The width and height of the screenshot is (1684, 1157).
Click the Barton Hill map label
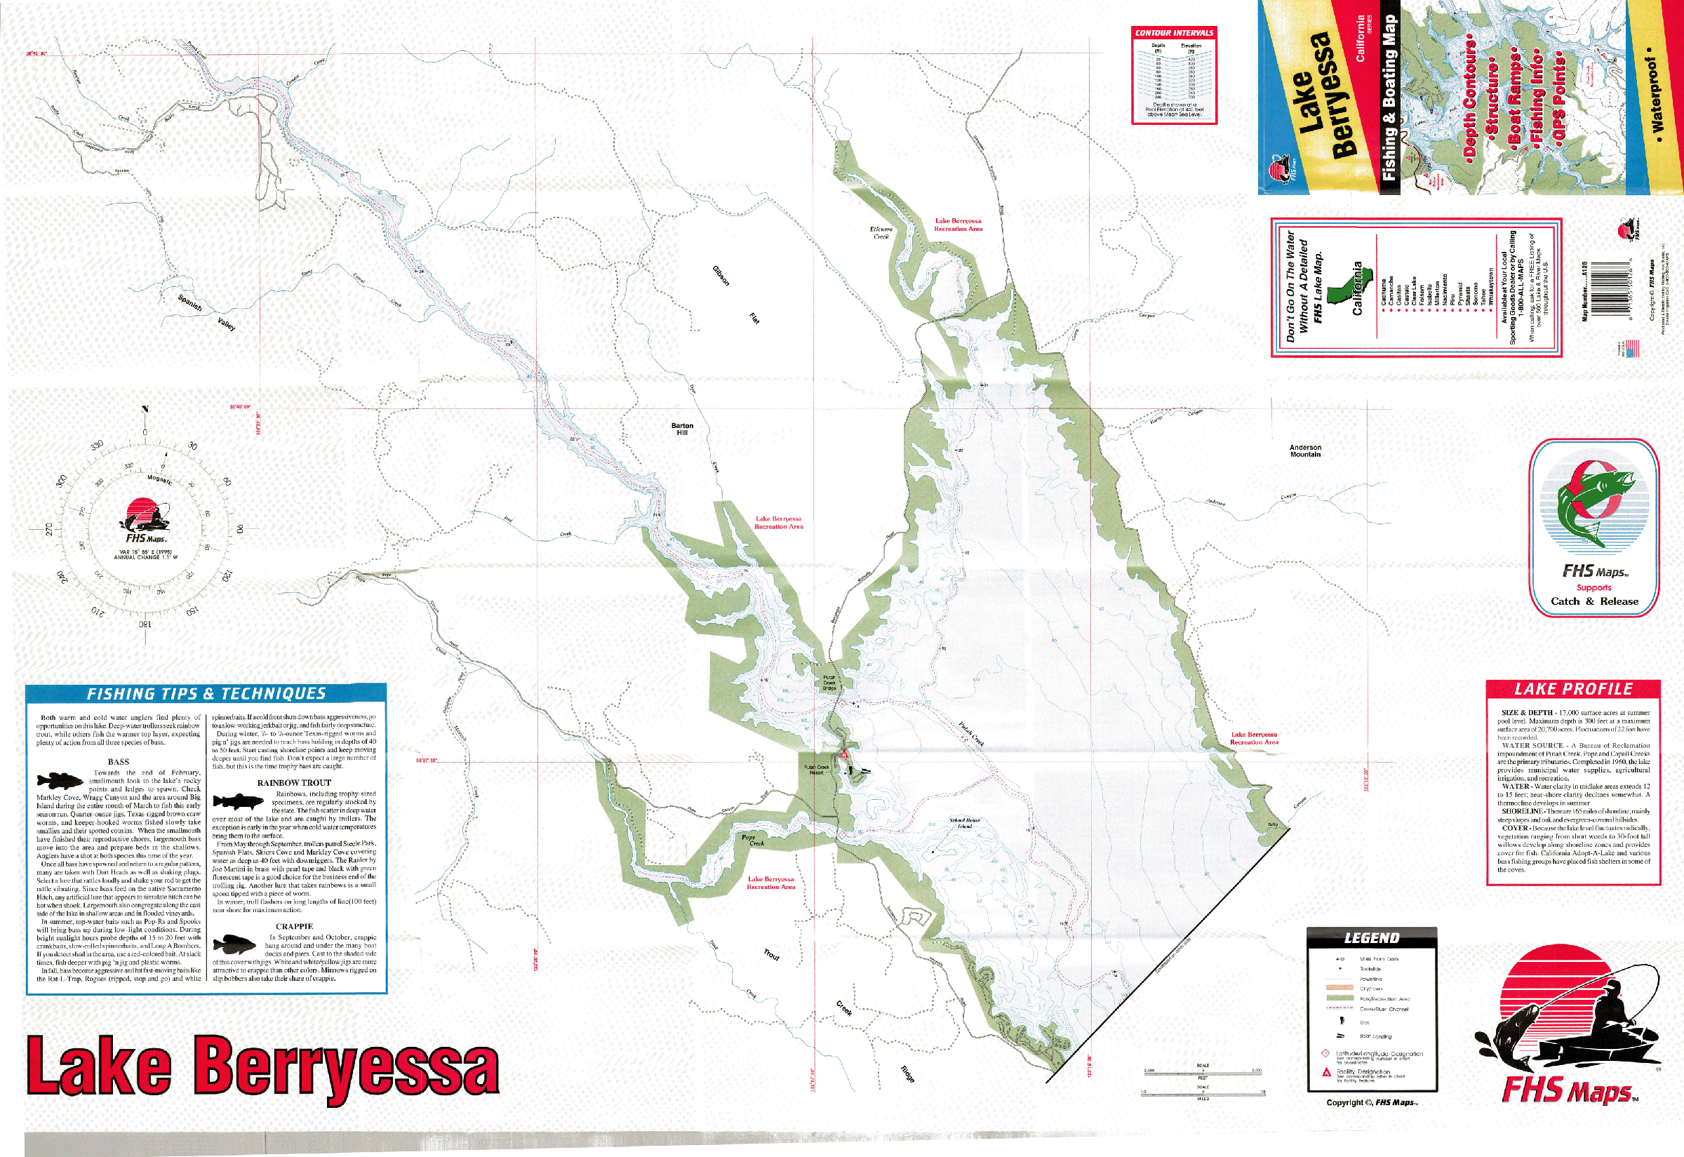point(682,429)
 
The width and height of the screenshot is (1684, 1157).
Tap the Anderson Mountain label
point(1305,451)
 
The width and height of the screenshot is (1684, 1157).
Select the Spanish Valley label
point(206,312)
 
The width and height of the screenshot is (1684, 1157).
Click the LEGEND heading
point(1372,938)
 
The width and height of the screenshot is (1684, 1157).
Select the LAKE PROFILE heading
point(1573,689)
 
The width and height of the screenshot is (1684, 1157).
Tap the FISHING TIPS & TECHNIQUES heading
point(206,694)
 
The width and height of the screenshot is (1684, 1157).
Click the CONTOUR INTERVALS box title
point(1174,32)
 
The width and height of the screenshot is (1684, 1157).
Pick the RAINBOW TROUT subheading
point(293,783)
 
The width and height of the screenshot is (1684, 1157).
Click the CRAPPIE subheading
point(294,926)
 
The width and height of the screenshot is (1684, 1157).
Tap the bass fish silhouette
point(60,781)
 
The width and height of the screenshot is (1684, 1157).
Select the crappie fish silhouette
point(235,944)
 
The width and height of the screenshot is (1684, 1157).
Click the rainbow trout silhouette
point(239,801)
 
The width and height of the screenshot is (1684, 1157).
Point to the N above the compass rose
point(145,409)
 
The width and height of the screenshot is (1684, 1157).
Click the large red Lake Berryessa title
point(262,1066)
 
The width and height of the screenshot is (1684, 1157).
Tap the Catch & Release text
point(1594,601)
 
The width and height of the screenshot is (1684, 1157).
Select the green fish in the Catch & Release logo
point(1591,506)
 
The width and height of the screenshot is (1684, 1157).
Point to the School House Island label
point(964,823)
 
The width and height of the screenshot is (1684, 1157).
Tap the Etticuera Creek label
point(881,233)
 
